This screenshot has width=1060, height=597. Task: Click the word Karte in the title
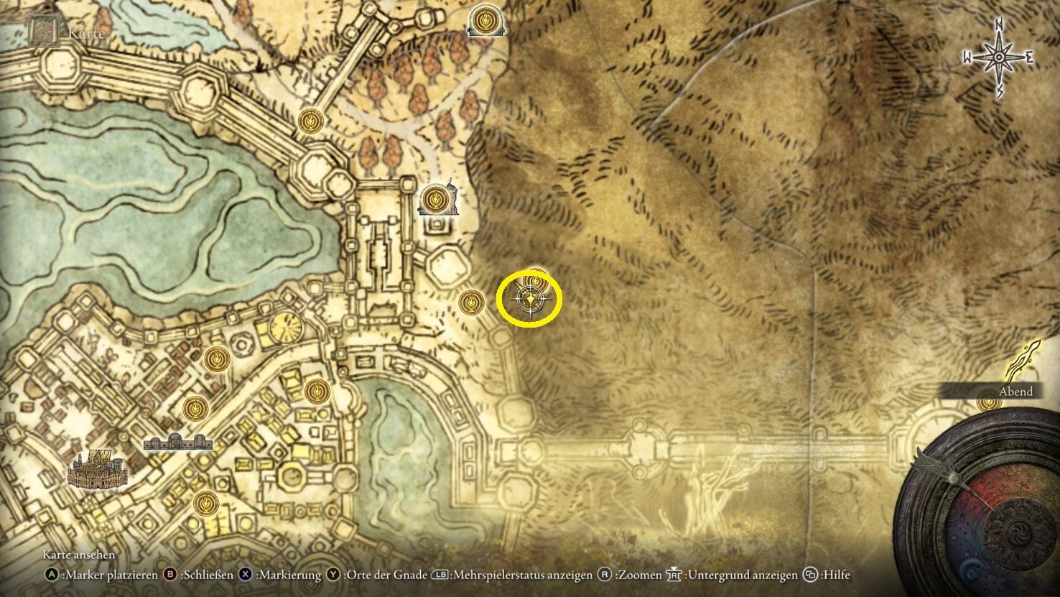86,33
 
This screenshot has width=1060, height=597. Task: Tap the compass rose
999,57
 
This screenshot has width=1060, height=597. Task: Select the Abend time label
1015,392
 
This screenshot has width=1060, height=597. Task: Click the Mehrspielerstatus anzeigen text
523,575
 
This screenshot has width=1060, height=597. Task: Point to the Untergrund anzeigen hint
741,575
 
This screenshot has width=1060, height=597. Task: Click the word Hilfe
835,575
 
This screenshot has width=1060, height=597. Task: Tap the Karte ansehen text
79,555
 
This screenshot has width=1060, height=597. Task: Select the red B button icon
171,575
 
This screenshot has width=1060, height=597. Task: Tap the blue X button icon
246,575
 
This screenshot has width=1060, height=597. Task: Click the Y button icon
333,575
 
